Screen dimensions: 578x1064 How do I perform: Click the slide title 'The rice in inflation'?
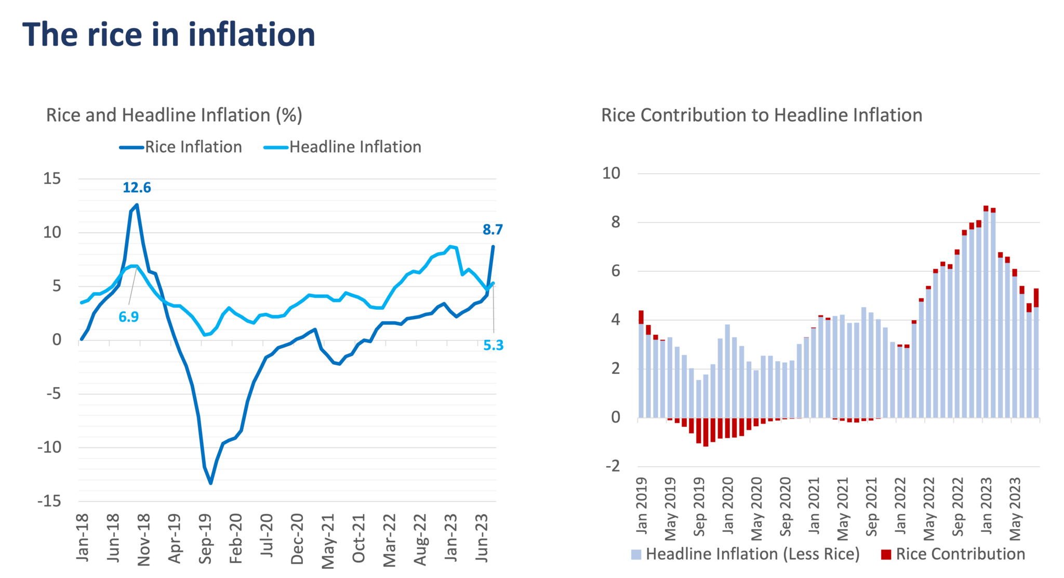click(x=169, y=35)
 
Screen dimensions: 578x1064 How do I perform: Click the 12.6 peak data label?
click(x=137, y=187)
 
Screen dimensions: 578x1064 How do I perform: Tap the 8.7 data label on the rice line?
click(x=493, y=229)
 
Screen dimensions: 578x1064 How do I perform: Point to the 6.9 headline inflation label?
click(x=128, y=316)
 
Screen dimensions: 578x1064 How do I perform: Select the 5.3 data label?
click(x=493, y=345)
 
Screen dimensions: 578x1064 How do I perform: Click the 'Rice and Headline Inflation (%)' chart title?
click(x=174, y=115)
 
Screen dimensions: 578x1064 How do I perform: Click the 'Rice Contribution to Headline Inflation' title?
click(x=762, y=115)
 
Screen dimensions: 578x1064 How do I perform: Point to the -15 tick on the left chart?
click(x=50, y=502)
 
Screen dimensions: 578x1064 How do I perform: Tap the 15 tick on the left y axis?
click(x=52, y=179)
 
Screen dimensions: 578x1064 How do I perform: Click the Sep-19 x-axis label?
click(x=206, y=538)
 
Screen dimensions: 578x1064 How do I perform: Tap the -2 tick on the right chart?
click(x=613, y=466)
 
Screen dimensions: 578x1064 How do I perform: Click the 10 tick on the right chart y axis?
click(x=611, y=173)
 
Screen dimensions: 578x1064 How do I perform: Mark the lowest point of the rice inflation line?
click(x=210, y=483)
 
